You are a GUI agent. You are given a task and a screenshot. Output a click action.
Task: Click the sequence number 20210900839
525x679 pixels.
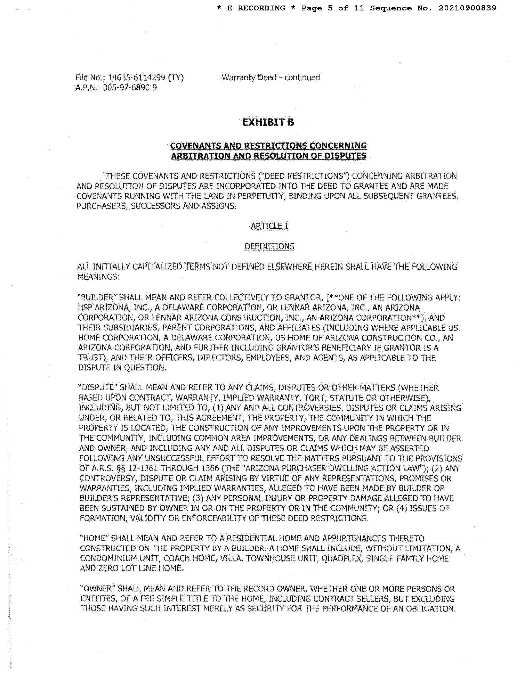467,8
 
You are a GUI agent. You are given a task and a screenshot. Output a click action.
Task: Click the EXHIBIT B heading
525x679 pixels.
268,122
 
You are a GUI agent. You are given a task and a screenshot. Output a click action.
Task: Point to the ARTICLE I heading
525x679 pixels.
269,226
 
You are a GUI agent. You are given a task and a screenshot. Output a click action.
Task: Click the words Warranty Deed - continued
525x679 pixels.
270,77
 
